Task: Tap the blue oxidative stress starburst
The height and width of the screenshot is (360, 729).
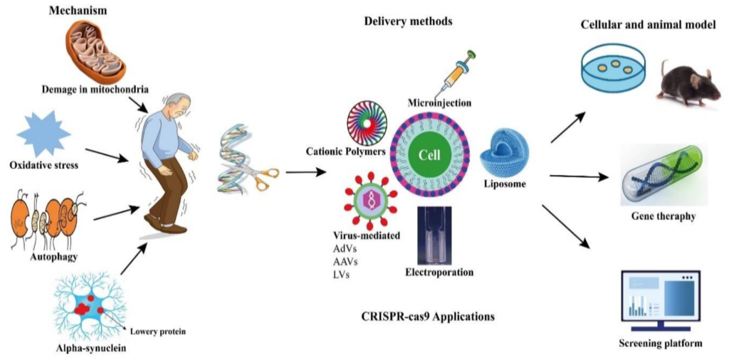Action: coord(43,134)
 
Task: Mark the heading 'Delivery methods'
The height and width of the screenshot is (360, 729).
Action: coord(408,21)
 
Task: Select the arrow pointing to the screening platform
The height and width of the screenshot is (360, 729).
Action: coord(566,226)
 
